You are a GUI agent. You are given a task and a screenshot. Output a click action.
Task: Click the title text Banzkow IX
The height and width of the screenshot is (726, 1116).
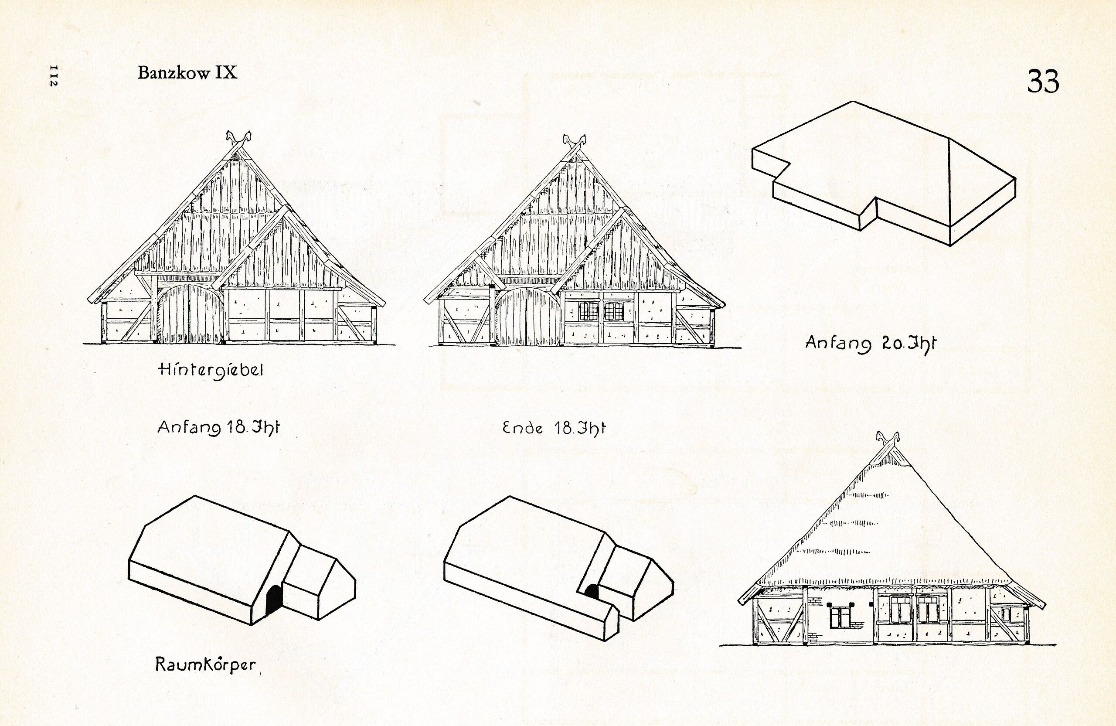187,73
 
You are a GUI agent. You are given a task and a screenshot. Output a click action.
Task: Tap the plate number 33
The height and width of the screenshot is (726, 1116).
1042,82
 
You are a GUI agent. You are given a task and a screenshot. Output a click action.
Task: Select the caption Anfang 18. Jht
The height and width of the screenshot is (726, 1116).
218,428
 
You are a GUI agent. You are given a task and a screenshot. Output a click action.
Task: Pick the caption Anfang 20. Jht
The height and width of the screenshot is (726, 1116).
870,344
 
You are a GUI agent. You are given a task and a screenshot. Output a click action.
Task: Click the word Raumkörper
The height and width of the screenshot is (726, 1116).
205,665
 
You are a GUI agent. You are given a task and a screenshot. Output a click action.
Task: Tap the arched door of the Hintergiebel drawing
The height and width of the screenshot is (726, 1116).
191,314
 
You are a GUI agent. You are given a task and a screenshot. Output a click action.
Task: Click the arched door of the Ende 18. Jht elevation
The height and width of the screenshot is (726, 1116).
528,317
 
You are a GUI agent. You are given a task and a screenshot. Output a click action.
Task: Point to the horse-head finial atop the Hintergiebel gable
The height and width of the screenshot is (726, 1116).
238,138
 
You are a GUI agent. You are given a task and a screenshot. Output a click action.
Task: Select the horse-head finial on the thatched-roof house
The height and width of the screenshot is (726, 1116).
888,440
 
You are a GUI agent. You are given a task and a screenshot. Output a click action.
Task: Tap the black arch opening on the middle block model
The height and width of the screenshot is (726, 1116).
592,592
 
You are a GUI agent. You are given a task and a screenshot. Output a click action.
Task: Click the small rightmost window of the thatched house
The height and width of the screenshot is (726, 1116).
1007,614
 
